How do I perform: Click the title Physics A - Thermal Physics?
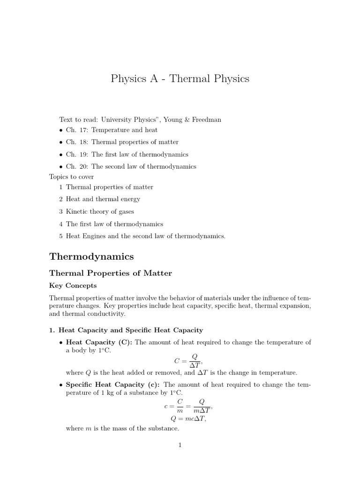[180, 79]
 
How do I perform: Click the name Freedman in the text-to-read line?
[206, 120]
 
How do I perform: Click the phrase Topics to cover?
[72, 177]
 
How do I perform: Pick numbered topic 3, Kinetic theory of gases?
[100, 212]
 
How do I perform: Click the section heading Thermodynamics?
[91, 257]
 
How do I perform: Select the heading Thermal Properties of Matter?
[111, 273]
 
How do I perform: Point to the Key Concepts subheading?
[73, 285]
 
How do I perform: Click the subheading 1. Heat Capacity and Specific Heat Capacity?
[126, 330]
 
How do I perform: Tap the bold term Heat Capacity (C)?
[99, 343]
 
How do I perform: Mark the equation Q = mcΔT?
[188, 419]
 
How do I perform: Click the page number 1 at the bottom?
[180, 445]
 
